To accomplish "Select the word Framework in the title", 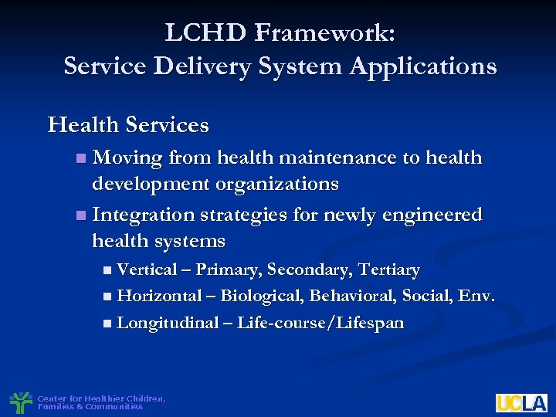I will (323, 32).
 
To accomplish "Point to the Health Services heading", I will (128, 124).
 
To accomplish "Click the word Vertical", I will (147, 270).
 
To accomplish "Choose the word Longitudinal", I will (168, 323).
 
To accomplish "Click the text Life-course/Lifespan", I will (320, 323).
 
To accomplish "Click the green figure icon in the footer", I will (21, 402).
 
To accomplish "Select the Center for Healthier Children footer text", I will (100, 402).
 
